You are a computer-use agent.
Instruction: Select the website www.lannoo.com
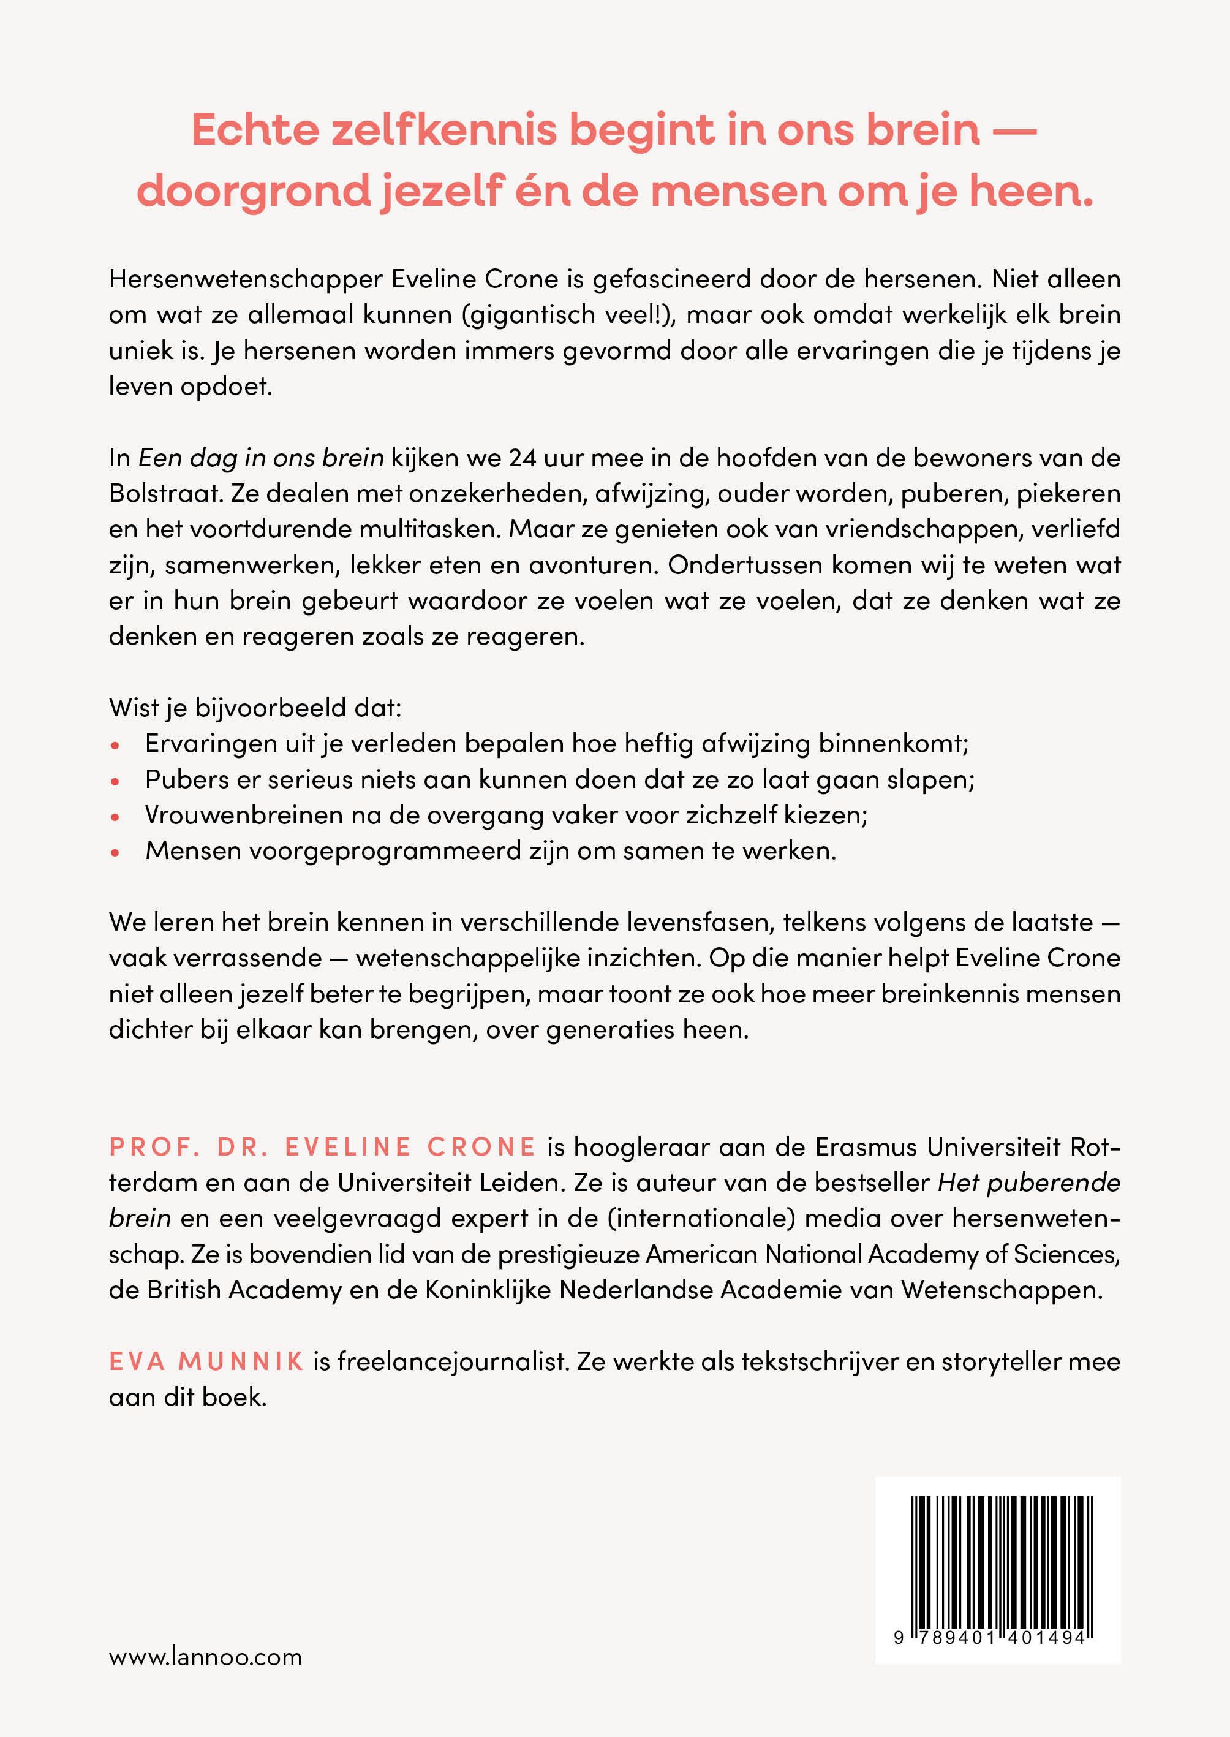click(205, 1657)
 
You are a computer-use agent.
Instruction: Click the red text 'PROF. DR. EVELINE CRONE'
click(323, 1146)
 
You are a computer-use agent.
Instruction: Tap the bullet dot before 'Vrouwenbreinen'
click(116, 817)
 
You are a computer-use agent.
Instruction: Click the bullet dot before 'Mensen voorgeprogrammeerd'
click(116, 852)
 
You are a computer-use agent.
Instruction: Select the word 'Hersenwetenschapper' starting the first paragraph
click(246, 279)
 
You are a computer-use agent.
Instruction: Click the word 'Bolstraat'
click(164, 493)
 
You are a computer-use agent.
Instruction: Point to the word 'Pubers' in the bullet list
click(179, 779)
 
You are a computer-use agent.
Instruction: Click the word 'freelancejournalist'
click(452, 1361)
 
